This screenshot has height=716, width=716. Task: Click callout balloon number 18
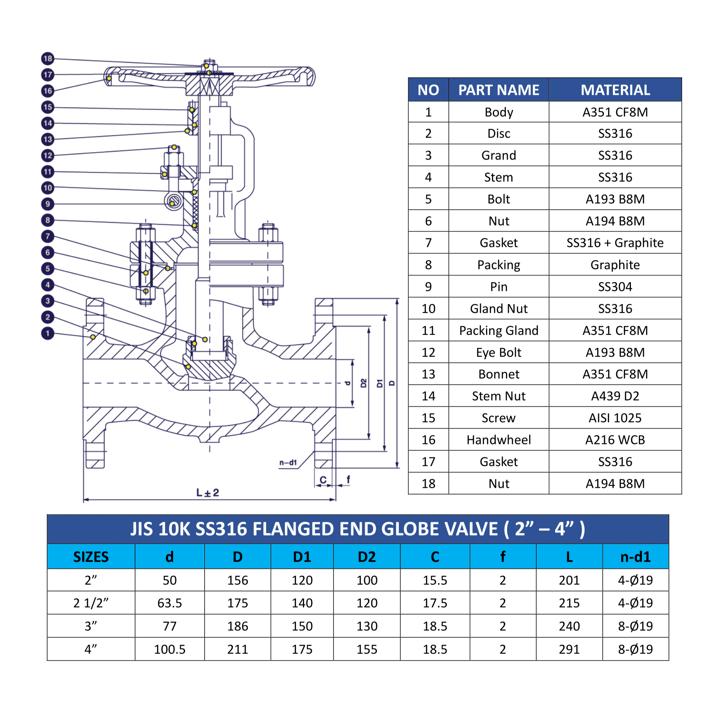[48, 59]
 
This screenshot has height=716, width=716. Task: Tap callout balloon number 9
[48, 204]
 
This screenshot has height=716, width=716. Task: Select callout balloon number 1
[48, 333]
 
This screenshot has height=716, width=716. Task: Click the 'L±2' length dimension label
[208, 492]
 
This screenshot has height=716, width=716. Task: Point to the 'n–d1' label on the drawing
[288, 462]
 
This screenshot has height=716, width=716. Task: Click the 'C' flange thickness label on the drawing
[323, 480]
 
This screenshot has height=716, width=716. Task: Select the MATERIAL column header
[615, 90]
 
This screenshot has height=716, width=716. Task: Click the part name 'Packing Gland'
[498, 331]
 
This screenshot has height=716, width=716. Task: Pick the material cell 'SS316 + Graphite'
[615, 243]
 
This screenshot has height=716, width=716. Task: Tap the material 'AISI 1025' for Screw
[615, 418]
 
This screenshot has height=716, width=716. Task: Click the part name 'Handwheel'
[498, 440]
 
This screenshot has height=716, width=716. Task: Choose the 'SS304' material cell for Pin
[615, 287]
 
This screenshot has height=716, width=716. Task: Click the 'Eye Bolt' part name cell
[498, 353]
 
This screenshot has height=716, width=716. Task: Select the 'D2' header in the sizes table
[366, 557]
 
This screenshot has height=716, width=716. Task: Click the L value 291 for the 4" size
[569, 649]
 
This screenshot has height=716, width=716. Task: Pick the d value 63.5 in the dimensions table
[169, 603]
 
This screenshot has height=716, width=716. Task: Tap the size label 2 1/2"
[91, 603]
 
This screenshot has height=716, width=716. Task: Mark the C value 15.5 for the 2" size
[435, 580]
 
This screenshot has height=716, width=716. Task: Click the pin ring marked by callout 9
[173, 201]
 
